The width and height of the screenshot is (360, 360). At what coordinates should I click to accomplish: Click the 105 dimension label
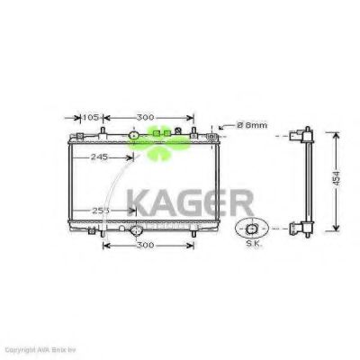tap(92, 117)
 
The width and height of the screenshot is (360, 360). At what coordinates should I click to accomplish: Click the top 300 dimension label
tap(145, 117)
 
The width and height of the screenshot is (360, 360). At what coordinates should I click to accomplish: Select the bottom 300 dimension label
tap(145, 244)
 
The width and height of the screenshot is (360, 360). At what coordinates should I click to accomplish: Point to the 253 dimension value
tap(101, 211)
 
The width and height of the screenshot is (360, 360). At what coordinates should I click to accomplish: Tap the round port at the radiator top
tap(135, 137)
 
